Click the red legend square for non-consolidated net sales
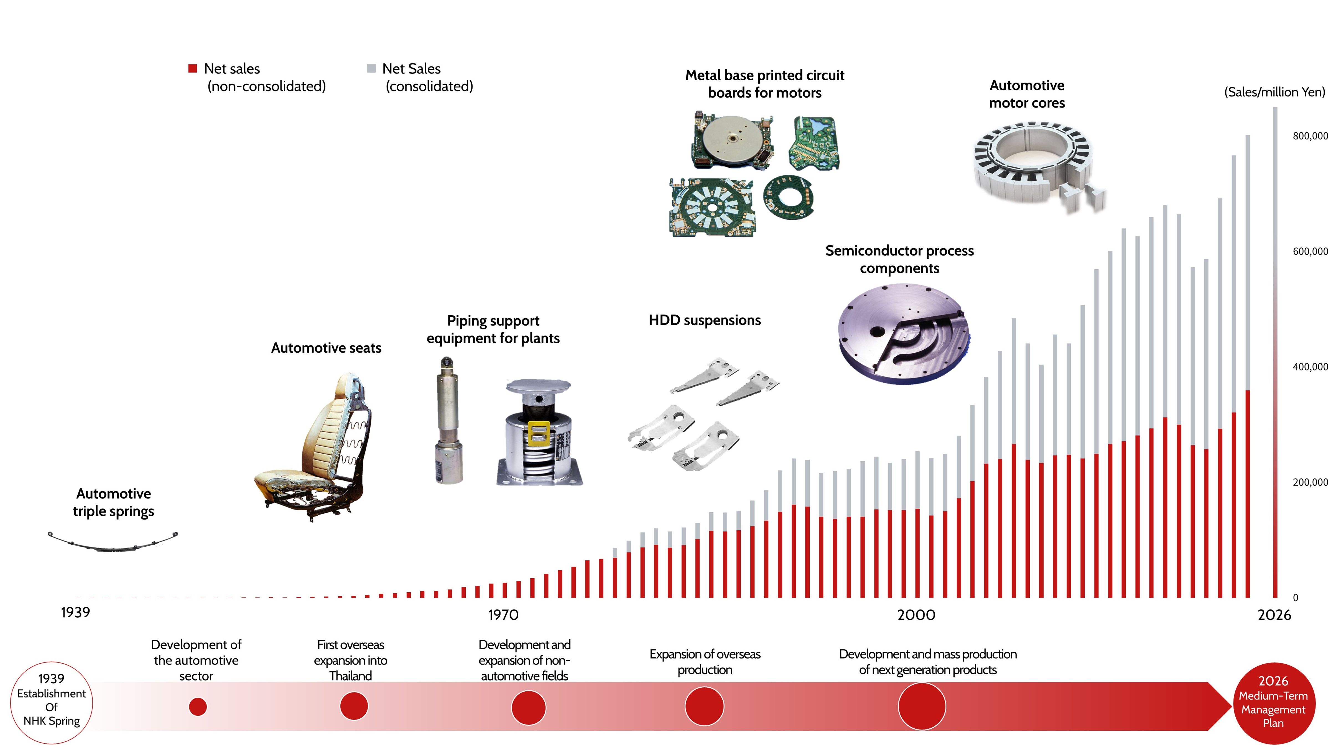[x=193, y=68]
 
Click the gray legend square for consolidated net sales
[x=371, y=68]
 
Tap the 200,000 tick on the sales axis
[x=1310, y=482]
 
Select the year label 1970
[x=503, y=615]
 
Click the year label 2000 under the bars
[x=916, y=615]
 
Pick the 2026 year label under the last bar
[x=1274, y=615]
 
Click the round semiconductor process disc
[x=904, y=334]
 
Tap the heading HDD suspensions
[x=704, y=320]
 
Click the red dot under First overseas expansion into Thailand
[x=354, y=706]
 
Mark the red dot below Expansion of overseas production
[x=704, y=706]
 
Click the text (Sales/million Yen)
[x=1274, y=92]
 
